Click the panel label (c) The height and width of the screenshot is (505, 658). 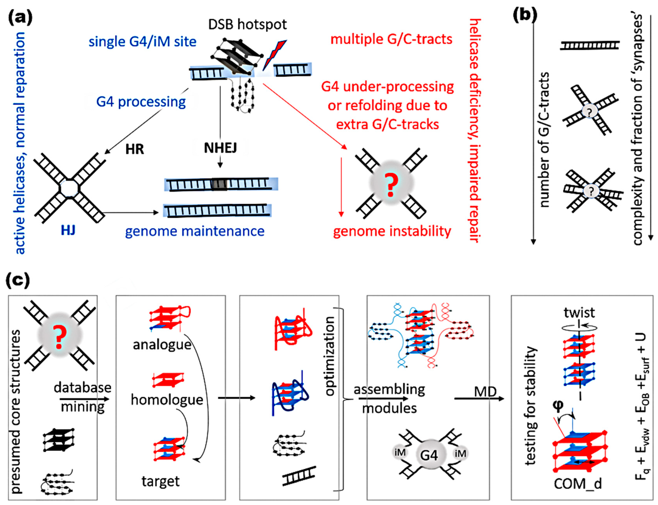tap(18, 280)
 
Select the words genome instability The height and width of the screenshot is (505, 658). tap(392, 231)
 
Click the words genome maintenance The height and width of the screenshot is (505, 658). tap(195, 231)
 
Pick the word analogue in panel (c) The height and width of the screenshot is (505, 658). tap(162, 345)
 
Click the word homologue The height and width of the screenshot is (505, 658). tap(167, 400)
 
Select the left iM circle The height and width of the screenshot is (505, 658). tap(400, 453)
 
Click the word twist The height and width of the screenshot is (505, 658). tap(579, 312)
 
